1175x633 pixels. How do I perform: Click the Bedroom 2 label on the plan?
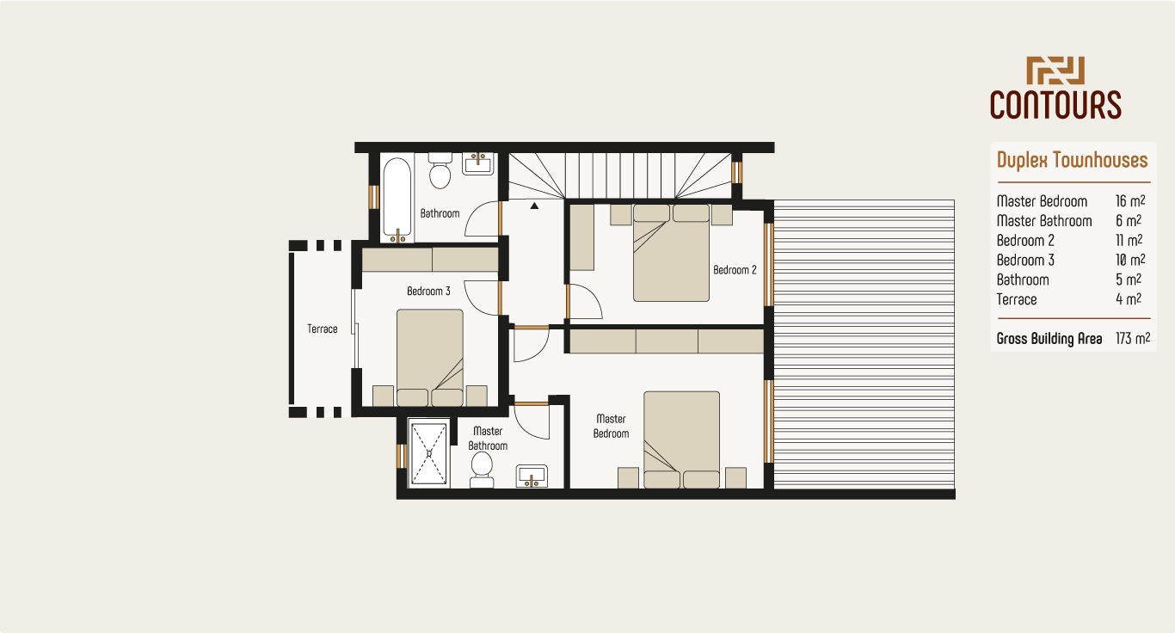[735, 270]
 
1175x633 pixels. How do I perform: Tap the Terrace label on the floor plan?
[323, 329]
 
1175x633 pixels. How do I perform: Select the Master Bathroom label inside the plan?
[488, 439]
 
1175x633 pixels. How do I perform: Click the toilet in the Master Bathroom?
[482, 468]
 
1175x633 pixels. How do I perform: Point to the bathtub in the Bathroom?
[397, 198]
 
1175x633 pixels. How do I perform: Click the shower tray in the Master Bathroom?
[429, 453]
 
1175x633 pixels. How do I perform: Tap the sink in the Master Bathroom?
[532, 476]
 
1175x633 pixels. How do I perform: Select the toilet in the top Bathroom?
[440, 172]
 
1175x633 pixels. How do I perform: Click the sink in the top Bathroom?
[478, 163]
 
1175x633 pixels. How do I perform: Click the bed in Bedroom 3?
[430, 356]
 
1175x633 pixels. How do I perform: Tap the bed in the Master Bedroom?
[682, 439]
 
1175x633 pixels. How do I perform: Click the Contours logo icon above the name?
[1055, 71]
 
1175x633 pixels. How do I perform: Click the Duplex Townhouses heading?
[1072, 160]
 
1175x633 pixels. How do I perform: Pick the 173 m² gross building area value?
[1133, 339]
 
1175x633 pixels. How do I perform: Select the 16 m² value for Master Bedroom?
[1129, 201]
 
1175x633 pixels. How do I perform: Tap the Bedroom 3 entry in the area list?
[1025, 261]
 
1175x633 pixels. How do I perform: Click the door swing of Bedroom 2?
[585, 301]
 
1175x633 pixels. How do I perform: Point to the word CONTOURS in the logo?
[1055, 104]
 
